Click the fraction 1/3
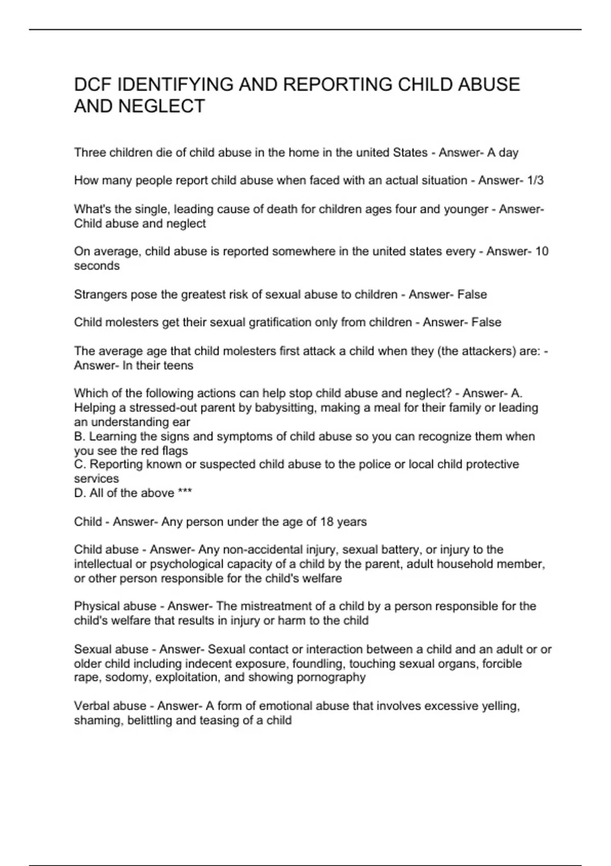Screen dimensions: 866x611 coord(536,180)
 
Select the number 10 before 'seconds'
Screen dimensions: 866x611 coord(542,251)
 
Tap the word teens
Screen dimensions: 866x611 coord(178,365)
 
